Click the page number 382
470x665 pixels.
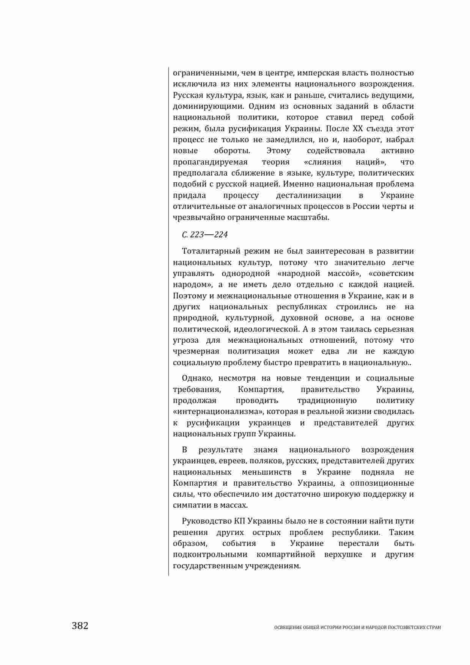point(80,626)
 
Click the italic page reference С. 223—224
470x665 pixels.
point(205,235)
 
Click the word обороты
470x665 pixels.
point(232,151)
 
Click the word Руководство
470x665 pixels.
point(205,521)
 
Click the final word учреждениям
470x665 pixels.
point(270,566)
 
